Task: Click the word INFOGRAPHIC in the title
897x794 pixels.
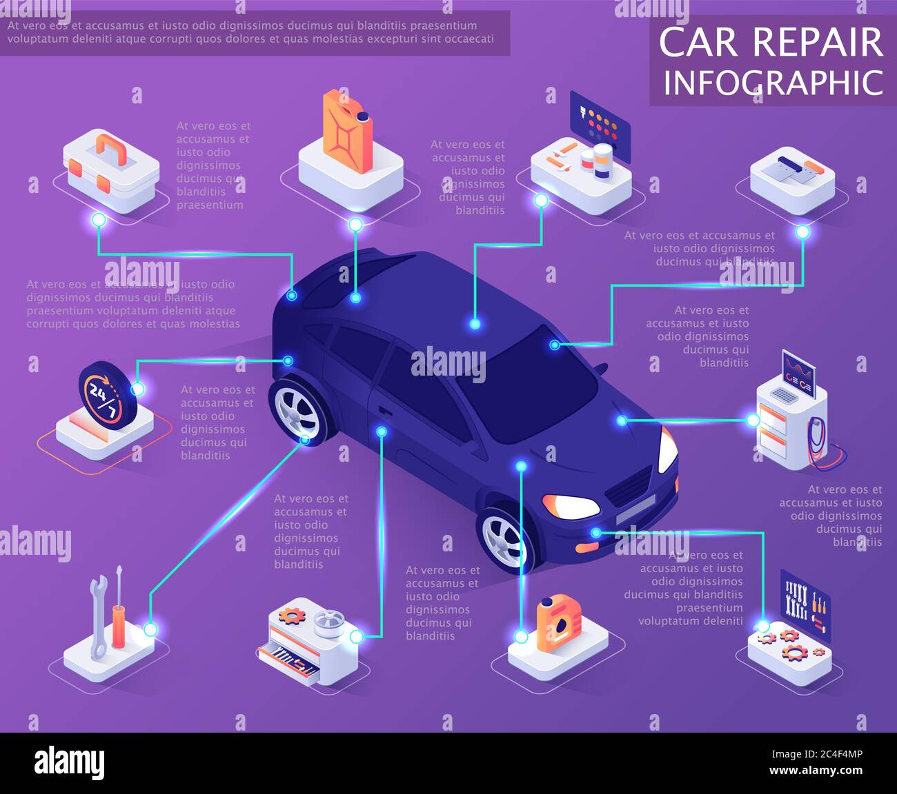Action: [x=773, y=83]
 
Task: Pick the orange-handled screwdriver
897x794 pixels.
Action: [x=119, y=610]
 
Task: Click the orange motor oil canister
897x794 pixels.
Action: [x=558, y=624]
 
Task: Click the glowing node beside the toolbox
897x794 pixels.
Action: [x=99, y=220]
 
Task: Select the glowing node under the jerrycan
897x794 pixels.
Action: [x=355, y=224]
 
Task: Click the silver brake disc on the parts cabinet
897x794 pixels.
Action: [x=328, y=622]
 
